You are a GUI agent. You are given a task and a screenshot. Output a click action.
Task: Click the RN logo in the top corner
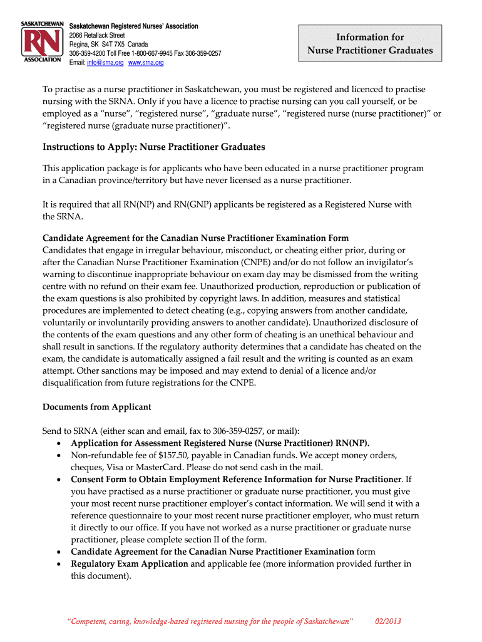point(42,44)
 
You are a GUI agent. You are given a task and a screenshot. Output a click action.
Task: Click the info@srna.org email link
point(105,63)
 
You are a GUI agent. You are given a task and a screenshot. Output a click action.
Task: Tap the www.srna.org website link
point(146,63)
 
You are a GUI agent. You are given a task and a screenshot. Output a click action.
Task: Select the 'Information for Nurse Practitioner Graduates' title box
point(370,44)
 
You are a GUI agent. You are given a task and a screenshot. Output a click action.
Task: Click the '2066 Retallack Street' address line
point(97,35)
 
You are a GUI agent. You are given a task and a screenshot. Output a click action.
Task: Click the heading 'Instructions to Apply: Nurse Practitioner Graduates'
point(154,147)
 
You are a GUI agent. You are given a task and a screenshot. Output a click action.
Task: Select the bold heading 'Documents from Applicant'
point(97,407)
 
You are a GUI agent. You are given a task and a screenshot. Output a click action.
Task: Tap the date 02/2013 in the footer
point(387,621)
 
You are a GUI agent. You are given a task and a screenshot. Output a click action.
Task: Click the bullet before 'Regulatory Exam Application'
point(58,564)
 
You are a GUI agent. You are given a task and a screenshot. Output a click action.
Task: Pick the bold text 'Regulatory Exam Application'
point(130,564)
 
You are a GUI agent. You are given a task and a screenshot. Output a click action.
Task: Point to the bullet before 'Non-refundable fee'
point(58,456)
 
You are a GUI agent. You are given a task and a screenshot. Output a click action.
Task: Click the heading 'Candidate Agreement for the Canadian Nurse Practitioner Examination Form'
point(195,238)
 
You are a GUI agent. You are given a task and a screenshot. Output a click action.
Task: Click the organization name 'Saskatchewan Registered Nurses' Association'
point(133,26)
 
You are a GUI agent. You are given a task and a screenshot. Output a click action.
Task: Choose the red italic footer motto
point(210,621)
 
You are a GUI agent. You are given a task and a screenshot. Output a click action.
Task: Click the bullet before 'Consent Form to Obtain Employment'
point(58,480)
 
